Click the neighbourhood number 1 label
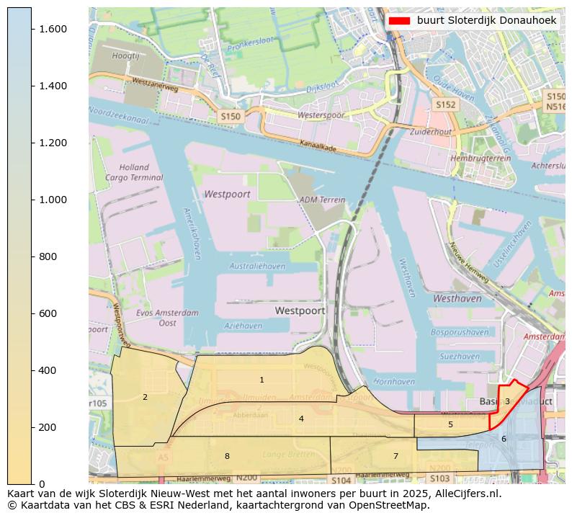click(262, 380)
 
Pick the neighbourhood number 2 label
click(145, 397)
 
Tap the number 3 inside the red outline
click(507, 401)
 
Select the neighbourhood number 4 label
click(301, 419)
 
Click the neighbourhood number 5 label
click(450, 424)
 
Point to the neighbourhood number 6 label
click(504, 439)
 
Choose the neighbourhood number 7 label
click(396, 456)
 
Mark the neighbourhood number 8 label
click(227, 456)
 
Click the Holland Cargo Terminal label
click(134, 172)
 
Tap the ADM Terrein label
click(318, 200)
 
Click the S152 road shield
click(446, 105)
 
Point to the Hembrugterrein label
click(475, 158)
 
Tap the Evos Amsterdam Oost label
click(167, 318)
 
